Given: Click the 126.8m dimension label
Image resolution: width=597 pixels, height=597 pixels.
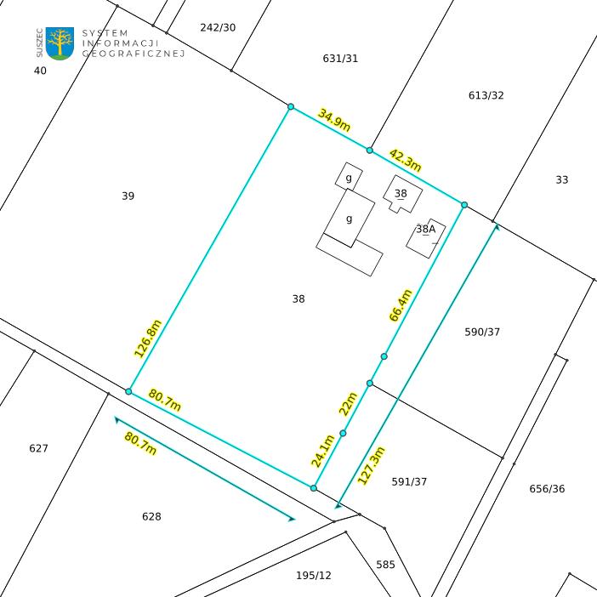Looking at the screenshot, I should (147, 338).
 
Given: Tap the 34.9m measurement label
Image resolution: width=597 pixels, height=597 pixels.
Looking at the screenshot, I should (334, 119).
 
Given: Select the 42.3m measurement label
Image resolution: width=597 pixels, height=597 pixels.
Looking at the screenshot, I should (405, 160).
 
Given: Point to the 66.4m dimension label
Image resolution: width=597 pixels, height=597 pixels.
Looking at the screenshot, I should (400, 305).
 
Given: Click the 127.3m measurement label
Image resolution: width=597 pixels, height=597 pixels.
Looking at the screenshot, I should (371, 465).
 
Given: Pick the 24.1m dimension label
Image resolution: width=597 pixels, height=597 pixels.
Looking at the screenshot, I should (322, 451).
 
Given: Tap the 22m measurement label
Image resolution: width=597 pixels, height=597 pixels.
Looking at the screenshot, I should (348, 403).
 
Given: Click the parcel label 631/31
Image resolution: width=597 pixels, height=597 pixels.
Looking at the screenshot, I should (340, 59).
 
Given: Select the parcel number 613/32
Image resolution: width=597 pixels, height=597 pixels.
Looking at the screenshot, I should (486, 95).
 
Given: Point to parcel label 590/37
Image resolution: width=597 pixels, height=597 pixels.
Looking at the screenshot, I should (482, 332).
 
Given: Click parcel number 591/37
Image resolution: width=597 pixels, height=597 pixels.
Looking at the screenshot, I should (409, 481).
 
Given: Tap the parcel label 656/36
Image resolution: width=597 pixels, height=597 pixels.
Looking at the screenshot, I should (547, 489).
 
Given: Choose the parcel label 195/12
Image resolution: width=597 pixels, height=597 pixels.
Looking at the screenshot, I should (314, 576).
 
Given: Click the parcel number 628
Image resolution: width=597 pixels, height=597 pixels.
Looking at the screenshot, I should (151, 516).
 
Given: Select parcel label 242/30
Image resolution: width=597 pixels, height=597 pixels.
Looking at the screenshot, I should (218, 27).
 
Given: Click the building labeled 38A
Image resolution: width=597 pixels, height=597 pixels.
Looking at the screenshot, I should (425, 230).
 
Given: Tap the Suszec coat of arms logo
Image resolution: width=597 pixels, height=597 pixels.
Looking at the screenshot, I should (60, 43).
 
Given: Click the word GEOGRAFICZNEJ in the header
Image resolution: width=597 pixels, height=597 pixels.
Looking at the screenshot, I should (134, 54).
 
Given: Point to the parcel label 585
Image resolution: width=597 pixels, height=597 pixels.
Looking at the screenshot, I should (385, 565).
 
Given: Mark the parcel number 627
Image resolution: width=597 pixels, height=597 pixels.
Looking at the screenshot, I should (38, 448).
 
